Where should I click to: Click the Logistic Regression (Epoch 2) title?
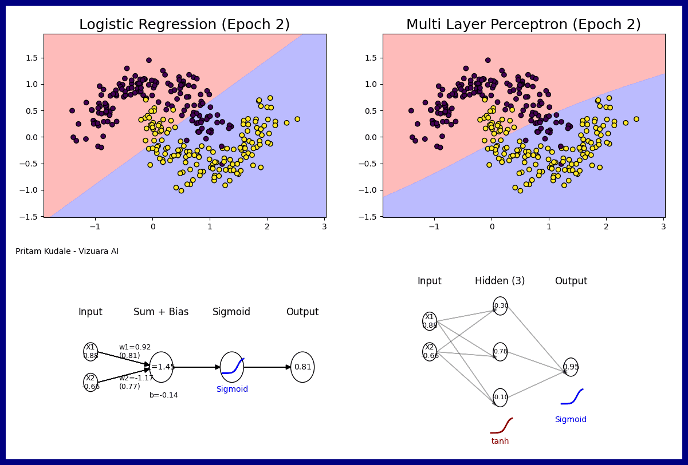click(184, 25)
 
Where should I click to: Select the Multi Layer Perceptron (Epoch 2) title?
click(524, 25)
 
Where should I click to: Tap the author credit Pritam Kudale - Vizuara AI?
click(67, 252)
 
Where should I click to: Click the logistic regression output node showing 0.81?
click(302, 367)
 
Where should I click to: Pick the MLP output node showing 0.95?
click(571, 367)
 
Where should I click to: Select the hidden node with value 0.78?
click(500, 352)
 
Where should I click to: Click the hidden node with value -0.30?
click(500, 306)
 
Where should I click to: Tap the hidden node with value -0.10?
click(500, 398)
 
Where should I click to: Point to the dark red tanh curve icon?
click(501, 426)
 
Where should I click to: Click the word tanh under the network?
click(500, 442)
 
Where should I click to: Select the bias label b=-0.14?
click(164, 395)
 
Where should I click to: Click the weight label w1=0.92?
click(135, 347)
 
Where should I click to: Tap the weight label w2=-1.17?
click(136, 378)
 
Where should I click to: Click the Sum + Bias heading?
click(161, 312)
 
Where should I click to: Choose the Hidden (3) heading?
click(500, 281)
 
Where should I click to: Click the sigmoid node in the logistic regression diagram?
click(232, 367)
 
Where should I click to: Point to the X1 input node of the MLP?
click(430, 321)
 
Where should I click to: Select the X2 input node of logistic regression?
click(91, 382)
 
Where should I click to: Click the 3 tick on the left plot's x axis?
click(324, 226)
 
